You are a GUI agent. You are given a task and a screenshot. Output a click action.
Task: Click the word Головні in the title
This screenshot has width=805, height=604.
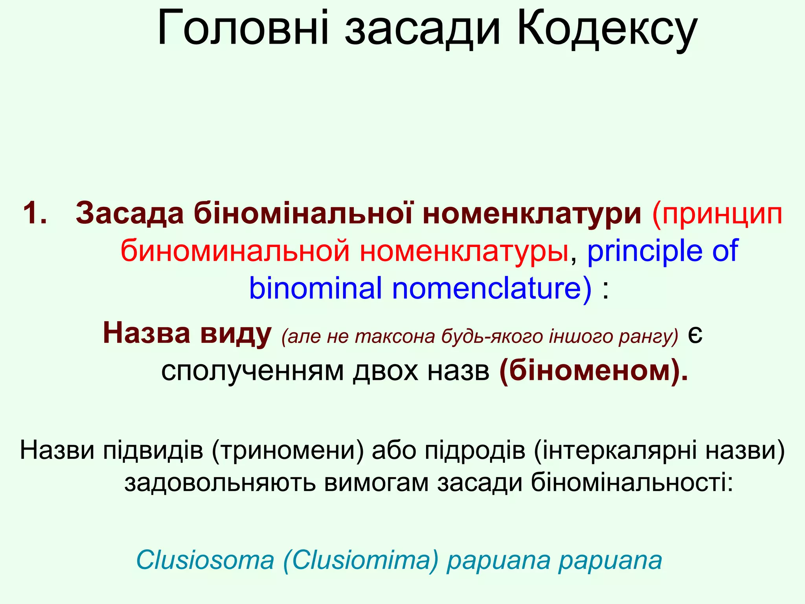click(243, 29)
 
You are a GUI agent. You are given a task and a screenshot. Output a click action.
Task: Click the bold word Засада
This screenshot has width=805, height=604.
click(130, 213)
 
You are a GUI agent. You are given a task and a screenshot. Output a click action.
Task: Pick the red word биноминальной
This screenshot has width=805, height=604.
click(235, 250)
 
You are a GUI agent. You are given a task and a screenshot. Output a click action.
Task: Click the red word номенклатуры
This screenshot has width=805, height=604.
click(464, 250)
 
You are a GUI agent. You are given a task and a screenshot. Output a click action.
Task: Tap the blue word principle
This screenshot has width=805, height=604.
click(645, 250)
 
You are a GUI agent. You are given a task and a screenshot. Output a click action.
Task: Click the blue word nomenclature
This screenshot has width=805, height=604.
click(492, 288)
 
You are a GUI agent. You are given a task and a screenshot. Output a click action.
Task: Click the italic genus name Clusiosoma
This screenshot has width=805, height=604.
click(205, 560)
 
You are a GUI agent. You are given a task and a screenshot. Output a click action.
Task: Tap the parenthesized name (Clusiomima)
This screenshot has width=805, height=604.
click(360, 560)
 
